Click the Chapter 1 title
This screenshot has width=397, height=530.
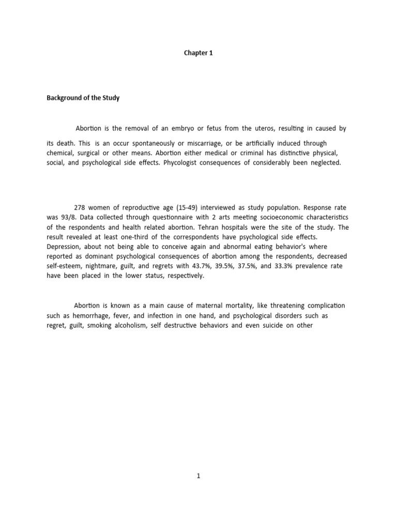[x=198, y=53]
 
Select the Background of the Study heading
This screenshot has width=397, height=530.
[x=83, y=97]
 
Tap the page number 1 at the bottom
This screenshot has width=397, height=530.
[x=198, y=476]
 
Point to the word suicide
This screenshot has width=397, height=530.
[x=278, y=325]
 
